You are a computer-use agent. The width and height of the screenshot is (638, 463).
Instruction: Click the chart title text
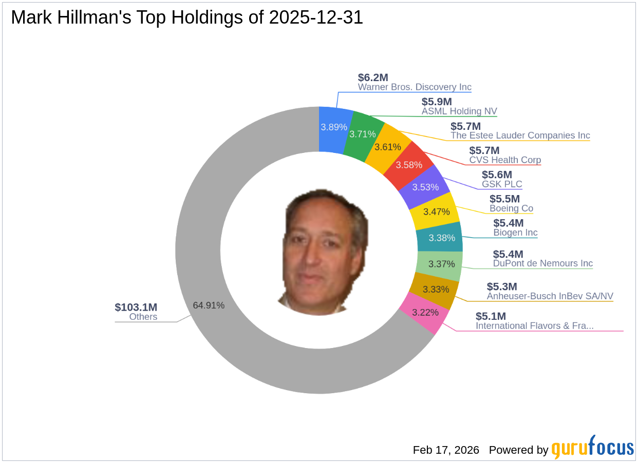[x=187, y=18]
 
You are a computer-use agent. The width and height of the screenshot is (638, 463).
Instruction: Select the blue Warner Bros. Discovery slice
[x=334, y=127]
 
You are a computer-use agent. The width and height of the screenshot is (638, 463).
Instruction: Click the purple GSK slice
[x=426, y=187]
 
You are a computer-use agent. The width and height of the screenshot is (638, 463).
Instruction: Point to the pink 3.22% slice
[x=425, y=312]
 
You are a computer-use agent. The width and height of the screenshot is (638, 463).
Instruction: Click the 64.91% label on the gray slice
[x=209, y=305]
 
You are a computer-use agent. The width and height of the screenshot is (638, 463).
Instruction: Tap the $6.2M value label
[x=373, y=78]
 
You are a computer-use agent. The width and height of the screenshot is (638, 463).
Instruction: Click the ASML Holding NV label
[x=459, y=111]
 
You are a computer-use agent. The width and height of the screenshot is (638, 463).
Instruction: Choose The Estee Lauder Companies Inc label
[x=520, y=136]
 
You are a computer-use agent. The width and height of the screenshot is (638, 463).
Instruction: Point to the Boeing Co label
[x=511, y=208]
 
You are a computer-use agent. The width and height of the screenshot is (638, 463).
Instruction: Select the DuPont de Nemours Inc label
[x=542, y=263]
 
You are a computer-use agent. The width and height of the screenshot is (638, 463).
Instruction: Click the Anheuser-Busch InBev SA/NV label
[x=550, y=296]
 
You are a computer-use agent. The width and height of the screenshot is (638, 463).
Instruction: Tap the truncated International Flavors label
[x=534, y=325]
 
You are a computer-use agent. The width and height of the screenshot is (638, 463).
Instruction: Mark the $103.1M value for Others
[x=136, y=307]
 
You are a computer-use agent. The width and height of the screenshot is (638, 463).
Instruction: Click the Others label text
[x=143, y=317]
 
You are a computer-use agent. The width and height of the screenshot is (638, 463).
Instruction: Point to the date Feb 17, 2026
[x=445, y=450]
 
